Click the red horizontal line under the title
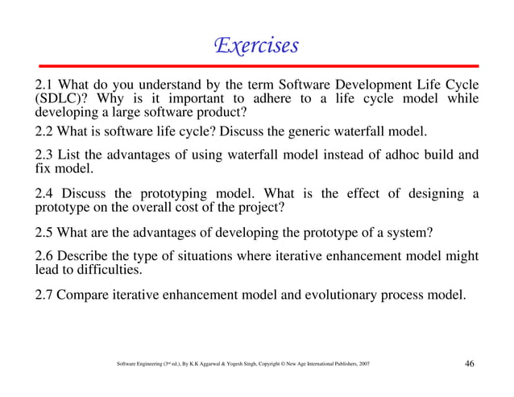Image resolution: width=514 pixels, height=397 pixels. pyautogui.click(x=256, y=64)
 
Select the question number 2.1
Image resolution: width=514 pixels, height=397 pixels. pyautogui.click(x=45, y=85)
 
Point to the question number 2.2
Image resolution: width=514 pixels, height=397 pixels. pyautogui.click(x=45, y=131)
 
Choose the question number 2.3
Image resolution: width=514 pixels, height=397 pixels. pyautogui.click(x=45, y=155)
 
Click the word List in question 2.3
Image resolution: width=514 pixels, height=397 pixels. pyautogui.click(x=73, y=155)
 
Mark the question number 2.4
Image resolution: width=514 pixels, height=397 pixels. pyautogui.click(x=45, y=193)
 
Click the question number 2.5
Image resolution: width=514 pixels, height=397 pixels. pyautogui.click(x=45, y=234)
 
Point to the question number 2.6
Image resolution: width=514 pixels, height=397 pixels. pyautogui.click(x=45, y=256)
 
